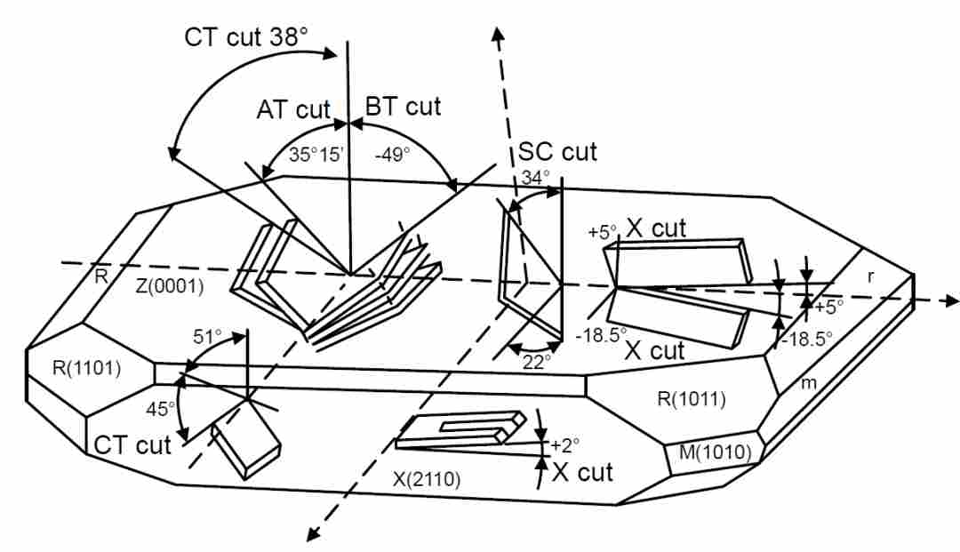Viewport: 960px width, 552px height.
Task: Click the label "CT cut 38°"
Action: tap(245, 37)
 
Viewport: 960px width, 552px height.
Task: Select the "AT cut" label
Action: tap(293, 110)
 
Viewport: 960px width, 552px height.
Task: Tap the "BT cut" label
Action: tap(403, 107)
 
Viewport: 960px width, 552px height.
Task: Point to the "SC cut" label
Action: tap(557, 152)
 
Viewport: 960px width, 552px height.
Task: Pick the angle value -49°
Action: tap(393, 154)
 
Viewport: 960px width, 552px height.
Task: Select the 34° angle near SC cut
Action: tap(536, 178)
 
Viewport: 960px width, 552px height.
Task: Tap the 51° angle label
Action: tap(207, 337)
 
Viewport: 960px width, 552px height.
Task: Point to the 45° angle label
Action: tap(160, 408)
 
